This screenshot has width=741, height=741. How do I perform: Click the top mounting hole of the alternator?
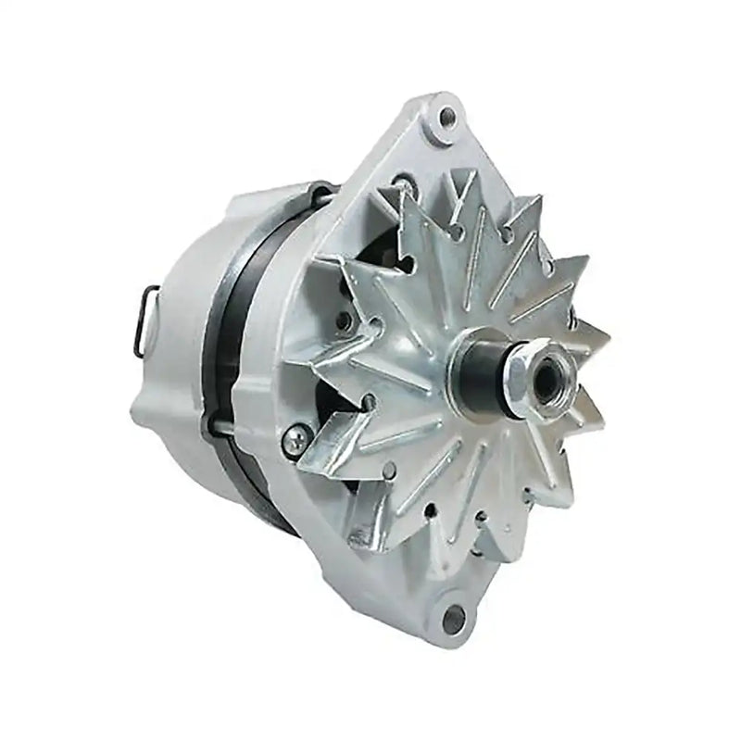tap(447, 116)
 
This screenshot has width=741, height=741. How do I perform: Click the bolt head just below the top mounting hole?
tap(400, 182)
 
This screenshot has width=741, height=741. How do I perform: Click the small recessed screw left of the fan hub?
tap(345, 320)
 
